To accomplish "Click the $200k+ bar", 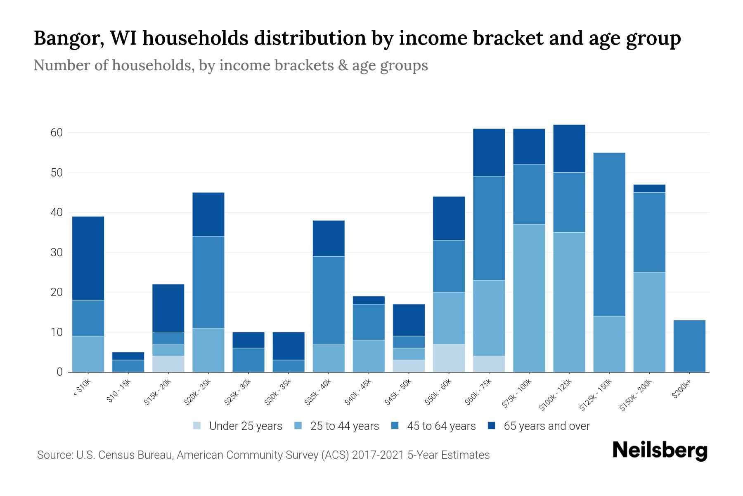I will pyautogui.click(x=689, y=346).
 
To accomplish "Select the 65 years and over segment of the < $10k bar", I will pyautogui.click(x=88, y=258).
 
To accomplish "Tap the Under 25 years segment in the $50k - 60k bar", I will pyautogui.click(x=449, y=358).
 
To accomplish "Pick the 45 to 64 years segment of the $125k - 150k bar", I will pyautogui.click(x=609, y=234).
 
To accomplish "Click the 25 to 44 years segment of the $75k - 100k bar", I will pyautogui.click(x=529, y=298).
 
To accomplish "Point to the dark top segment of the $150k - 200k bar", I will pyautogui.click(x=649, y=188).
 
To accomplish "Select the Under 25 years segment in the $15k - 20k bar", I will pyautogui.click(x=168, y=364).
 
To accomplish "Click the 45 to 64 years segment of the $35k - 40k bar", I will pyautogui.click(x=329, y=300).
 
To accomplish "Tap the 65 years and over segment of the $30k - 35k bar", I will pyautogui.click(x=289, y=346).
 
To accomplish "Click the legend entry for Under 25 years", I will pyautogui.click(x=245, y=426).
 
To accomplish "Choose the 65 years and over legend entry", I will pyautogui.click(x=546, y=426).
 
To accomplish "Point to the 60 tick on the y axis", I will pyautogui.click(x=57, y=133).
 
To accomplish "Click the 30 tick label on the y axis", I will pyautogui.click(x=57, y=252).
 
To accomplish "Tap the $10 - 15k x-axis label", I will pyautogui.click(x=119, y=391).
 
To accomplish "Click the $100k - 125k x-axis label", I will pyautogui.click(x=556, y=395).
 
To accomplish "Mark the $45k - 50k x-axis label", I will pyautogui.click(x=398, y=392).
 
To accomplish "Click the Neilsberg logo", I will pyautogui.click(x=659, y=451).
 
